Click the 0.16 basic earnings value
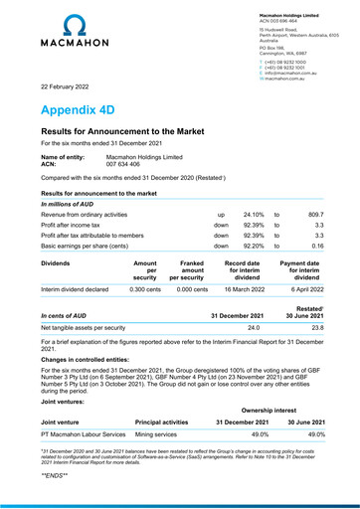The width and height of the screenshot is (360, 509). pos(317,245)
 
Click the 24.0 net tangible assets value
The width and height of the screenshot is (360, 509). pos(253,326)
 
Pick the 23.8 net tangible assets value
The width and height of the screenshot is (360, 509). pos(316,326)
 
